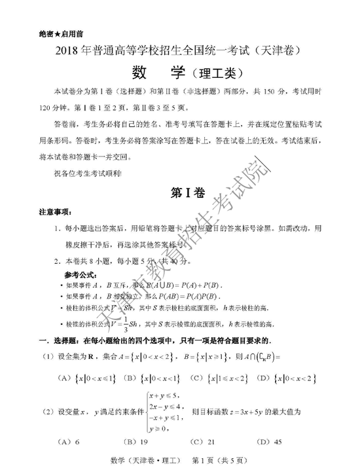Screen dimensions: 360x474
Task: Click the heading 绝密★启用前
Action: (61, 32)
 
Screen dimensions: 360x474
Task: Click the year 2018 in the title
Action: (67, 50)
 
